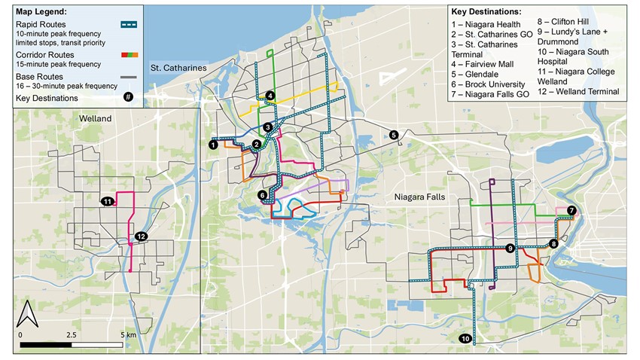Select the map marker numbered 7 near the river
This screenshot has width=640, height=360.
point(571,210)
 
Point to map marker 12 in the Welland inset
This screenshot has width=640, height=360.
point(140,236)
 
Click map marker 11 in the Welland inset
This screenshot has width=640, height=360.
point(108,201)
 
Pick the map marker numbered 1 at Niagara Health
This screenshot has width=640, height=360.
point(214,144)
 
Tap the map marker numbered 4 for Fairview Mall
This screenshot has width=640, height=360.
point(270,96)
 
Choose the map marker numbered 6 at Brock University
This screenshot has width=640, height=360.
point(262,196)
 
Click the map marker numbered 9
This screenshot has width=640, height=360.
point(510,249)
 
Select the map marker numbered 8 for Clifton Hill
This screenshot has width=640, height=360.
point(553,243)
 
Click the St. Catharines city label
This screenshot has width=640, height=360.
point(178,68)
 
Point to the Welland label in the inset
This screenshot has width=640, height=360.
point(96,119)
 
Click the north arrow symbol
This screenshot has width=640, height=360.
point(27,312)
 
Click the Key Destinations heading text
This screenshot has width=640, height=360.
point(486,13)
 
